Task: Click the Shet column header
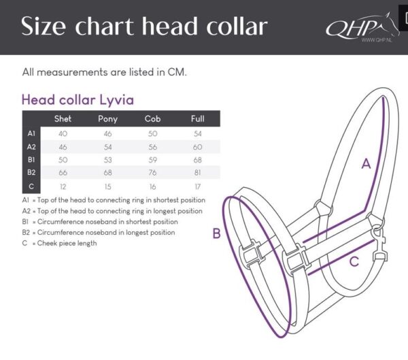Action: [x=63, y=118]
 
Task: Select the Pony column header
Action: [x=107, y=118]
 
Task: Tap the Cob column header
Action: [x=152, y=118]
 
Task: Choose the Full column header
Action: [x=197, y=118]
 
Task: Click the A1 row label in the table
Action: [x=31, y=133]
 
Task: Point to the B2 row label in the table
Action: [x=31, y=172]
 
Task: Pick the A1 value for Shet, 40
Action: [x=63, y=133]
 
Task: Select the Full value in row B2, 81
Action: [x=197, y=172]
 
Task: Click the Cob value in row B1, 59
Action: [x=152, y=159]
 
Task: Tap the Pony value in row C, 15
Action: [x=107, y=186]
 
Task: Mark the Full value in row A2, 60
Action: [x=197, y=146]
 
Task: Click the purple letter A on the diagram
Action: [x=365, y=163]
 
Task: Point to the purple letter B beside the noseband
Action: [x=216, y=233]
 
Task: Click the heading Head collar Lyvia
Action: [x=78, y=99]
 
